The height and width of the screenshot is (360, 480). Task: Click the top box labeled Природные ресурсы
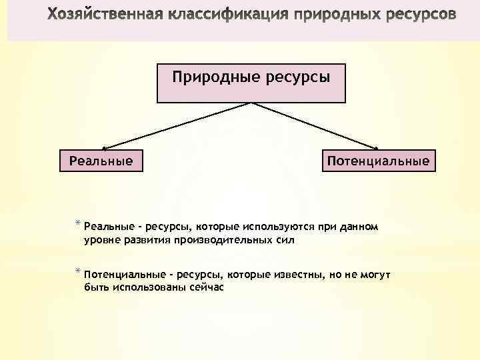click(251, 83)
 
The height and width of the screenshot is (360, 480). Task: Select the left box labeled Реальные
click(101, 161)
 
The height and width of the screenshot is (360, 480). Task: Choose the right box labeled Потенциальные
click(378, 161)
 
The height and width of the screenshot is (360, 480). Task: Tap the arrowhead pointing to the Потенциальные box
click(377, 148)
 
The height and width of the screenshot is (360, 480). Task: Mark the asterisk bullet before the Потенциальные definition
click(78, 272)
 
